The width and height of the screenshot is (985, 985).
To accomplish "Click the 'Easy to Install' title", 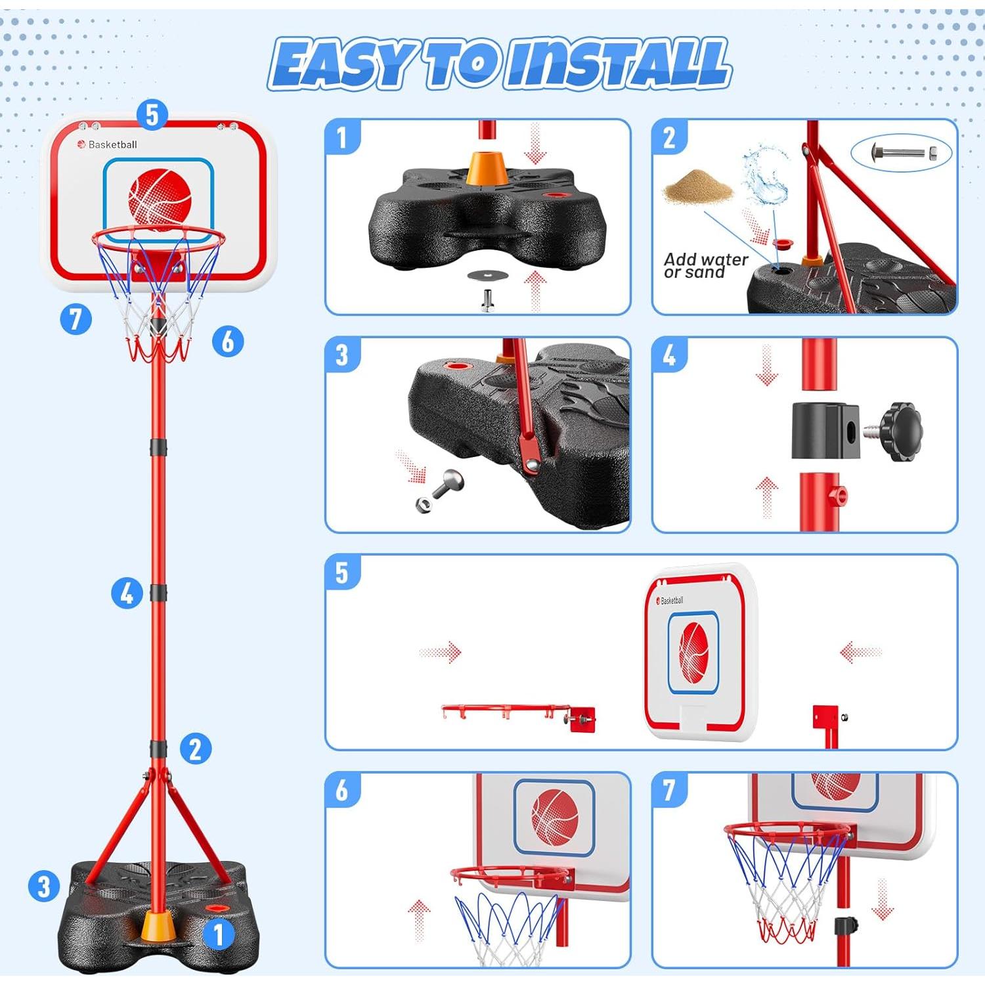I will [x=499, y=64].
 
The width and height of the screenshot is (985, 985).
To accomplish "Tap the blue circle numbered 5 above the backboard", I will [x=152, y=115].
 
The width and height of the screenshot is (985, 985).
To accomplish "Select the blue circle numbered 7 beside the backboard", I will [x=76, y=319].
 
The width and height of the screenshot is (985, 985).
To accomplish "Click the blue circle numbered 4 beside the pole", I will [x=127, y=592].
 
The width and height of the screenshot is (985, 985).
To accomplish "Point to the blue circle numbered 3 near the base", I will [x=44, y=886].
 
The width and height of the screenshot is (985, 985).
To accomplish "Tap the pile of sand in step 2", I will [x=697, y=186].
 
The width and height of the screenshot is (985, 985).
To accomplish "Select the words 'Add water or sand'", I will [x=705, y=266].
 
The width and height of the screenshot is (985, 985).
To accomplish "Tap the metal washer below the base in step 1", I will [x=485, y=275].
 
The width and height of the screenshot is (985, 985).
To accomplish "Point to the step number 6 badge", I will [x=342, y=789].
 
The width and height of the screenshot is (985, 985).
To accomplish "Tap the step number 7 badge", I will [x=669, y=789].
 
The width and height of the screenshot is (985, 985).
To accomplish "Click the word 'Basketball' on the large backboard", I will [x=112, y=144].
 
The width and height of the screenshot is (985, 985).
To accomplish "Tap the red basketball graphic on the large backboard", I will [x=160, y=198].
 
